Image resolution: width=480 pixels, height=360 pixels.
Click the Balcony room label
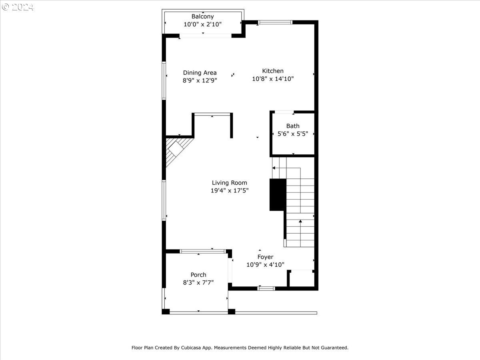[x=202, y=16]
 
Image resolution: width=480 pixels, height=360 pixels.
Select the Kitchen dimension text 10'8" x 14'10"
[x=273, y=79]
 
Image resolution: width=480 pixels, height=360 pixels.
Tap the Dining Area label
[x=200, y=72]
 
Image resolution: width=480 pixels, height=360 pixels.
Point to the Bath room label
[x=293, y=126]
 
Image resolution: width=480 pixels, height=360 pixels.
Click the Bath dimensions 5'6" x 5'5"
[x=293, y=134]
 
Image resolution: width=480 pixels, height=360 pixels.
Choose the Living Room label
[x=230, y=183]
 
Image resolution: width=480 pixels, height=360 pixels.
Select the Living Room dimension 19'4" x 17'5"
[x=230, y=191]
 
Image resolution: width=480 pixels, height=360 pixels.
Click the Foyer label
[x=265, y=257]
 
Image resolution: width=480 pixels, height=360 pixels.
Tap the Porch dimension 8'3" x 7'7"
[x=198, y=282]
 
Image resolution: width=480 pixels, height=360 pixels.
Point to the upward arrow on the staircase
[x=300, y=221]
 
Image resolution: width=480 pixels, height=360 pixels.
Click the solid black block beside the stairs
[x=278, y=194]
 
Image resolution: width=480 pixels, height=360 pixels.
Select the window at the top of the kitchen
[x=275, y=22]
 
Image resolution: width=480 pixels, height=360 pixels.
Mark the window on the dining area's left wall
[x=164, y=80]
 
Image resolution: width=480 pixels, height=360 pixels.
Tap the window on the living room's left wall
[x=164, y=200]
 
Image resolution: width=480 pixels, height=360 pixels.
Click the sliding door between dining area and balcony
[x=205, y=36]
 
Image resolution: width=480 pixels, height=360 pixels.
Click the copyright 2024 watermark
[x=18, y=7]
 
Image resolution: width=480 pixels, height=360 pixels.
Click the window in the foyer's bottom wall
[x=266, y=288]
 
